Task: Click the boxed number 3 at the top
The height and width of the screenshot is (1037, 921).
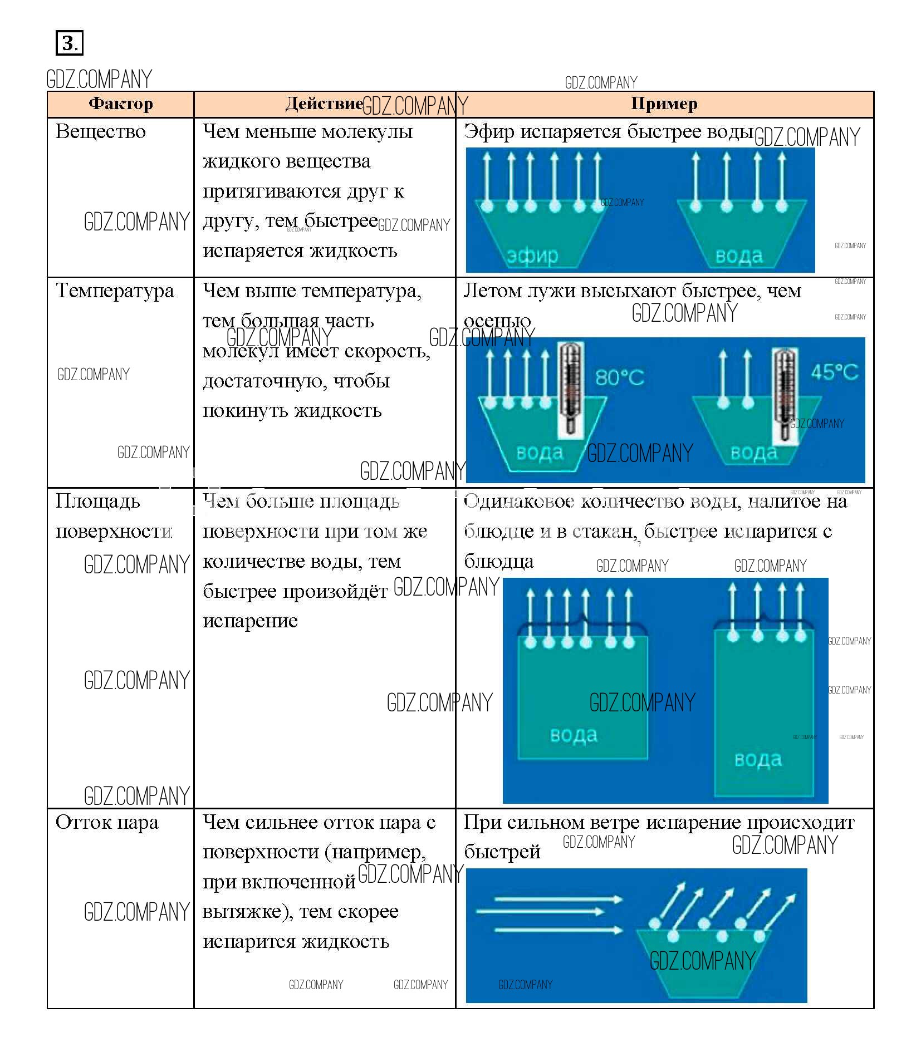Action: pyautogui.click(x=69, y=43)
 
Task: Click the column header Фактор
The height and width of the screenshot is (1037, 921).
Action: pyautogui.click(x=120, y=104)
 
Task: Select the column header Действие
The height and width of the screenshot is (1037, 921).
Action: pyautogui.click(x=324, y=104)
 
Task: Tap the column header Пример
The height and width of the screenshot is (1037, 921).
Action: pyautogui.click(x=664, y=104)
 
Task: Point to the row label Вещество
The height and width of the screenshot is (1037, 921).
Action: pyautogui.click(x=101, y=132)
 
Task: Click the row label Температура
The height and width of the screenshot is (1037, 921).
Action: pyautogui.click(x=115, y=291)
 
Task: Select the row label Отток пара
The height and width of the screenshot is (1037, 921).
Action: pyautogui.click(x=107, y=823)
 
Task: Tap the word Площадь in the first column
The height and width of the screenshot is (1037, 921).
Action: pyautogui.click(x=98, y=502)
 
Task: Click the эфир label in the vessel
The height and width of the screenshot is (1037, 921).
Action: pyautogui.click(x=532, y=255)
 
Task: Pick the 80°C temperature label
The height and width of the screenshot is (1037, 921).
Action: pyautogui.click(x=619, y=378)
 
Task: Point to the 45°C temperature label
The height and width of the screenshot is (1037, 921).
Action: pyautogui.click(x=834, y=372)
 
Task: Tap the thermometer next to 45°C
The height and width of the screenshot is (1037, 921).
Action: pyautogui.click(x=785, y=395)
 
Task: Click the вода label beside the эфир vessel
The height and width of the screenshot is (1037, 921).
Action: pyautogui.click(x=739, y=256)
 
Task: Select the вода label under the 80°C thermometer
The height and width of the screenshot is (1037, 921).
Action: pyautogui.click(x=540, y=452)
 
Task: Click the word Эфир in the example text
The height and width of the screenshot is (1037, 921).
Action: pyautogui.click(x=488, y=132)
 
